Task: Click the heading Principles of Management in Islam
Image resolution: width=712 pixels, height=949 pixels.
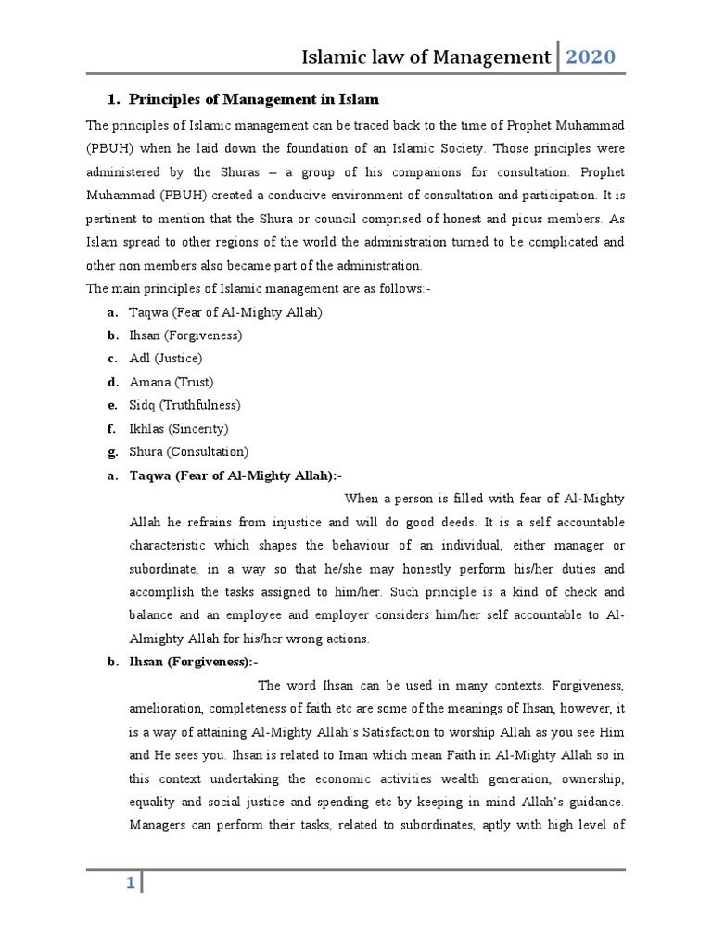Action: [253, 99]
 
